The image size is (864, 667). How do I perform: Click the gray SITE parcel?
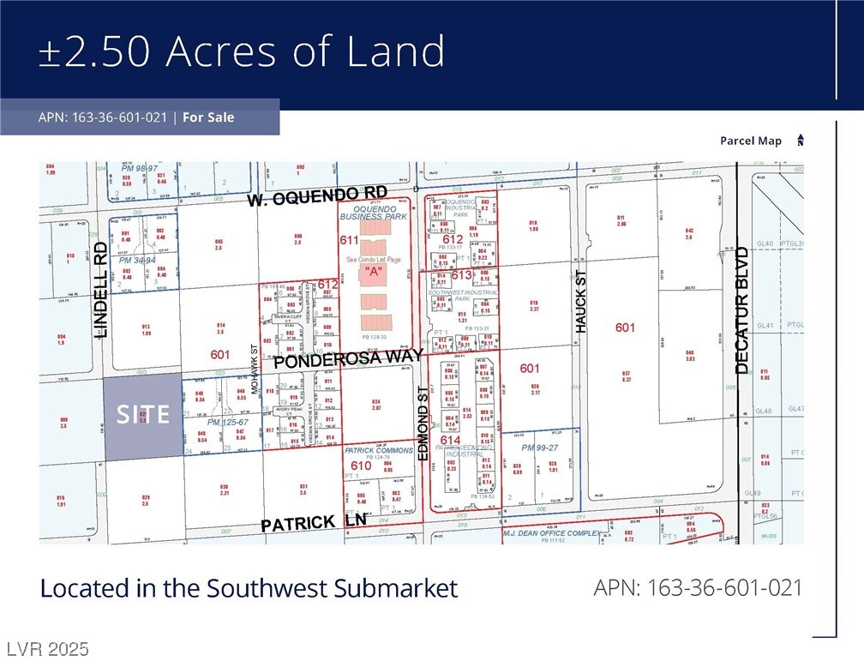[143, 417]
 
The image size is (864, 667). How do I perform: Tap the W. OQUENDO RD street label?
[317, 196]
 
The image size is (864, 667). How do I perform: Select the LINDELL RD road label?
[100, 289]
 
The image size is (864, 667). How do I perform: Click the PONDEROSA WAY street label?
[349, 358]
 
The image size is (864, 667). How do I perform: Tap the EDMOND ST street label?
[423, 423]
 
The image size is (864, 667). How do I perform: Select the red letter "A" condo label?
[372, 272]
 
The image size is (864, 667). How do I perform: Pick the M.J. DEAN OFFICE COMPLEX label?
[552, 532]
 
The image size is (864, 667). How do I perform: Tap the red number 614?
[450, 441]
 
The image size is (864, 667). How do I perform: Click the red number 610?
[361, 466]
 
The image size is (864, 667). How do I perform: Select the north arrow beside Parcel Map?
[801, 141]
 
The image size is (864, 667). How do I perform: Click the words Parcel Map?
[750, 141]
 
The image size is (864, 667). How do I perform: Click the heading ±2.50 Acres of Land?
[242, 51]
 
